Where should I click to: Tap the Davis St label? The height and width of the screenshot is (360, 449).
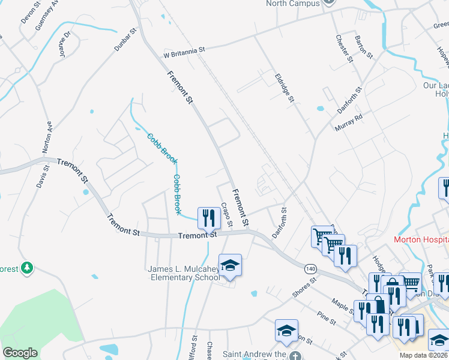pos(41,175)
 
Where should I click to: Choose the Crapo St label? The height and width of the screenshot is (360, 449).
pos(226,215)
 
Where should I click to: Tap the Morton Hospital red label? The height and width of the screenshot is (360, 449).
pos(420,239)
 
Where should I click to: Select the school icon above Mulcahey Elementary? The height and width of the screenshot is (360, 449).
pos(230,265)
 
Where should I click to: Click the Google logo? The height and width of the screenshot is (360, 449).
pos(19,353)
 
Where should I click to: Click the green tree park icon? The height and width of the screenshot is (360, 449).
pos(26,268)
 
